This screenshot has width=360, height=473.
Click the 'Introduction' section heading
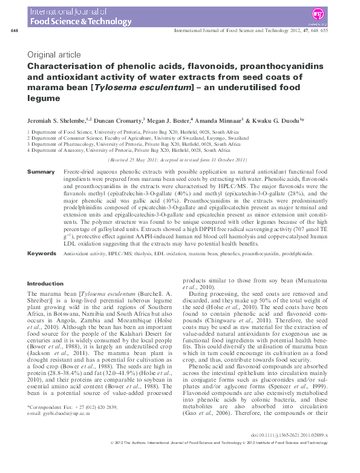pos(45,283)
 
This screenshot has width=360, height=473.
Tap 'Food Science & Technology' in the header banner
pos(71,21)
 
